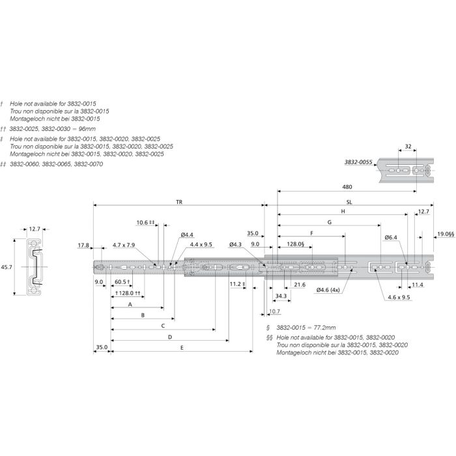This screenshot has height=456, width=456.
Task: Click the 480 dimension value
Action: (x=347, y=187)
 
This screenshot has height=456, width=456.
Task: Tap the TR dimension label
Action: (x=179, y=202)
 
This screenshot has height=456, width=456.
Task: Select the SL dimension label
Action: (x=349, y=202)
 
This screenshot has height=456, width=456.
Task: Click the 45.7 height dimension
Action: (x=7, y=266)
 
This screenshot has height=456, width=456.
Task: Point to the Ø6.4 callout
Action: (x=391, y=237)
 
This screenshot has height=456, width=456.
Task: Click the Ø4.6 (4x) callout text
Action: (x=328, y=290)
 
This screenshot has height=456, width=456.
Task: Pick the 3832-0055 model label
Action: (x=358, y=162)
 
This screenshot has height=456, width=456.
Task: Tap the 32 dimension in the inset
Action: (x=408, y=147)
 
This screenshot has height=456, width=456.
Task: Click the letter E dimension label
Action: (x=182, y=347)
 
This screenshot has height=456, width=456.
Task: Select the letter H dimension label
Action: (x=343, y=212)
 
